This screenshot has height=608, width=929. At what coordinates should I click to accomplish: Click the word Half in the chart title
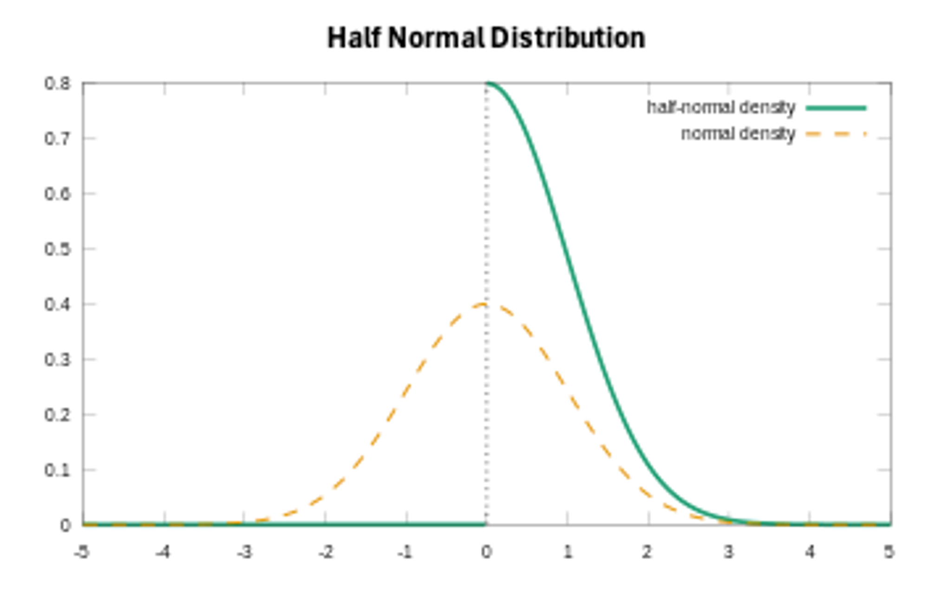[354, 38]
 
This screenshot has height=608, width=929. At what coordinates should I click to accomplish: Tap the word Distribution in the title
[568, 38]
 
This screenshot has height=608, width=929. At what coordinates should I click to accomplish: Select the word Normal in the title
[436, 38]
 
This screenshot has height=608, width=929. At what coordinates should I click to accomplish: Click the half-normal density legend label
[721, 108]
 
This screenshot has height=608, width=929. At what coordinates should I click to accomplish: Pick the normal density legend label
[738, 134]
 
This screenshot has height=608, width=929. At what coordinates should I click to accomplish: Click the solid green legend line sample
[836, 108]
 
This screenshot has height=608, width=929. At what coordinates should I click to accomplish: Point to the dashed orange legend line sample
[836, 135]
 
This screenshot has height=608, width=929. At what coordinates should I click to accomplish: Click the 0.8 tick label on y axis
[58, 84]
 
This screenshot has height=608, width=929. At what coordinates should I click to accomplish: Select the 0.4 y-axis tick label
[58, 305]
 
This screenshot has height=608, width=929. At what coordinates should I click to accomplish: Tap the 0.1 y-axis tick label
[58, 471]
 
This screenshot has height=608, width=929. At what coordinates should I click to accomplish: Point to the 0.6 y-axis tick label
[58, 194]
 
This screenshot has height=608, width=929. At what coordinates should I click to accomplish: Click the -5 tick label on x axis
[81, 552]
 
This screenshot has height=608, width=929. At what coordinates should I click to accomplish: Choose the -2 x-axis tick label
[326, 552]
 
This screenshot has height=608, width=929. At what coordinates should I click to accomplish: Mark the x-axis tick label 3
[728, 552]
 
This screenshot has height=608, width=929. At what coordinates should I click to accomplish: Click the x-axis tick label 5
[888, 552]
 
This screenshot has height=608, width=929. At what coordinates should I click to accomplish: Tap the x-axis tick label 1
[568, 552]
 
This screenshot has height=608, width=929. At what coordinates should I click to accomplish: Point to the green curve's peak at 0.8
[488, 84]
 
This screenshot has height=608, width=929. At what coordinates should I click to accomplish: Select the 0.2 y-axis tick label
[58, 415]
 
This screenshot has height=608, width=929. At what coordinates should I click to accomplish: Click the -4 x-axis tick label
[163, 552]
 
